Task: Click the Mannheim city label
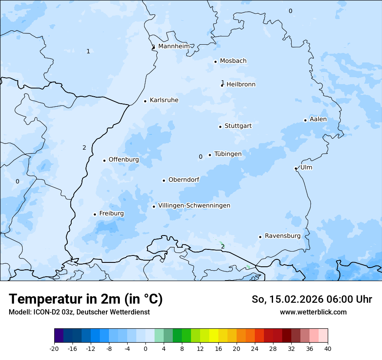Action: pyautogui.click(x=174, y=46)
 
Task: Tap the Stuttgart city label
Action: pyautogui.click(x=238, y=126)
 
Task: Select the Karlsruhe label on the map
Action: pyautogui.click(x=164, y=100)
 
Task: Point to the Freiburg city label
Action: pyautogui.click(x=111, y=213)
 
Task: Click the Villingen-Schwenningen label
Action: pyautogui.click(x=194, y=206)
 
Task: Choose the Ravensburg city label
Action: pyautogui.click(x=282, y=236)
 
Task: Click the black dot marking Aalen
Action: pyautogui.click(x=305, y=120)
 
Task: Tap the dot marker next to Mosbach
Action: pyautogui.click(x=215, y=62)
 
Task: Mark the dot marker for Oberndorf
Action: pyautogui.click(x=164, y=180)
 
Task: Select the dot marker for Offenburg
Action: pyautogui.click(x=104, y=160)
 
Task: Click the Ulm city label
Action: pyautogui.click(x=306, y=167)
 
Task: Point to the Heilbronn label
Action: pyautogui.click(x=241, y=85)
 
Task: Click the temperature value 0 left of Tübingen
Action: pyautogui.click(x=201, y=157)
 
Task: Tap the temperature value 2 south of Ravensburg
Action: pyautogui.click(x=223, y=246)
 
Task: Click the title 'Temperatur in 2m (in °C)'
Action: pyautogui.click(x=86, y=299)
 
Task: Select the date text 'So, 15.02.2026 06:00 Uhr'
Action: pyautogui.click(x=312, y=299)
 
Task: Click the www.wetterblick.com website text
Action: pyautogui.click(x=313, y=312)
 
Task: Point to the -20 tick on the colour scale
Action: pyautogui.click(x=54, y=348)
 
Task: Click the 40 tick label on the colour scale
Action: pyautogui.click(x=328, y=348)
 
